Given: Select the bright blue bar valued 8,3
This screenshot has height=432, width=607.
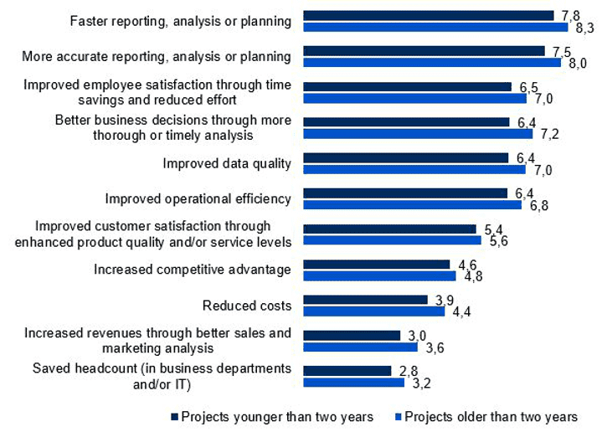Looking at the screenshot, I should coord(435,27).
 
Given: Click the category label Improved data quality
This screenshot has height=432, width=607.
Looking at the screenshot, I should coord(227,162).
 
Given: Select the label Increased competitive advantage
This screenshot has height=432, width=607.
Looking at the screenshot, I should coord(192,269).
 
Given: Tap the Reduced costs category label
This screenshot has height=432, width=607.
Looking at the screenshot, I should coord(247,305).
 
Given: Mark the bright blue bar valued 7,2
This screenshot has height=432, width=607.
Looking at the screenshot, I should coord(418,133).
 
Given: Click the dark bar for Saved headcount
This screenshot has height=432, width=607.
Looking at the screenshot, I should coord(347,370).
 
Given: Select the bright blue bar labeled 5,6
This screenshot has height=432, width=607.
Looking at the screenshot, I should coord(392,240).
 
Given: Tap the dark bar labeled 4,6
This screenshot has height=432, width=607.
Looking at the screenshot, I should coord(376,265).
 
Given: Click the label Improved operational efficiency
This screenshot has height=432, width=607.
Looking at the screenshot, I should coord(198,198).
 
